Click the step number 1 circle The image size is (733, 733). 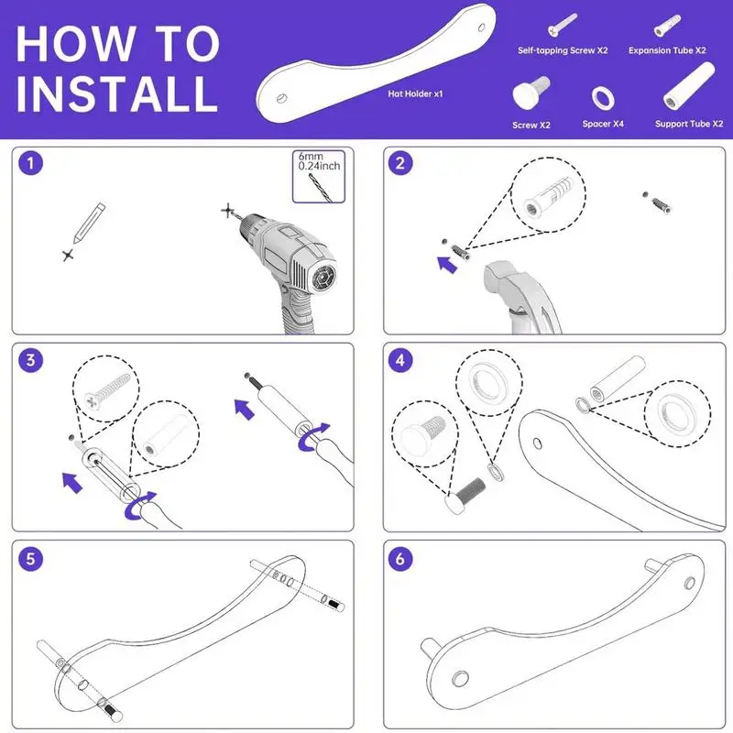click(31, 164)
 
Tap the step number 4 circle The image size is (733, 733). click(400, 360)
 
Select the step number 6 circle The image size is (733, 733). click(400, 559)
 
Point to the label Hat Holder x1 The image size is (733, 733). click(415, 94)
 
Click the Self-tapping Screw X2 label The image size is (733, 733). click(563, 50)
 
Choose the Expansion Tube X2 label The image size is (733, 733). click(667, 50)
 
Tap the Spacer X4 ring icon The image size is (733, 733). click(603, 98)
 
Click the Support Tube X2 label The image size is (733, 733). click(689, 124)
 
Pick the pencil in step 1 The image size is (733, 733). click(89, 223)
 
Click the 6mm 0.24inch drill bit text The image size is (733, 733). click(319, 161)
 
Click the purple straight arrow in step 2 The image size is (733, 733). click(447, 265)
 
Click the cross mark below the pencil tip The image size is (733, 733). click(68, 256)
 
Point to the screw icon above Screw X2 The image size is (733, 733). click(531, 92)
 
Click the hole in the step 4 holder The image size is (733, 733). click(538, 443)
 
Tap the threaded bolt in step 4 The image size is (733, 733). click(465, 496)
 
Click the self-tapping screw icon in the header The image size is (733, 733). click(563, 25)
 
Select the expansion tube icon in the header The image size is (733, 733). click(667, 26)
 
